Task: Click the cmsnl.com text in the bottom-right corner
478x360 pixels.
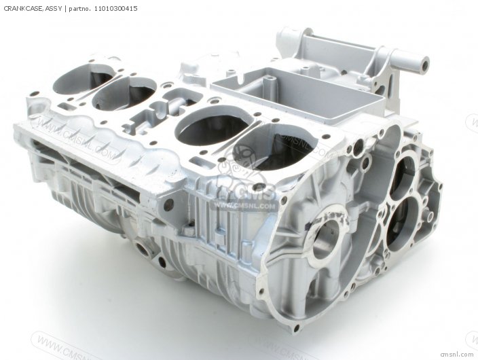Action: (x=455, y=353)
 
